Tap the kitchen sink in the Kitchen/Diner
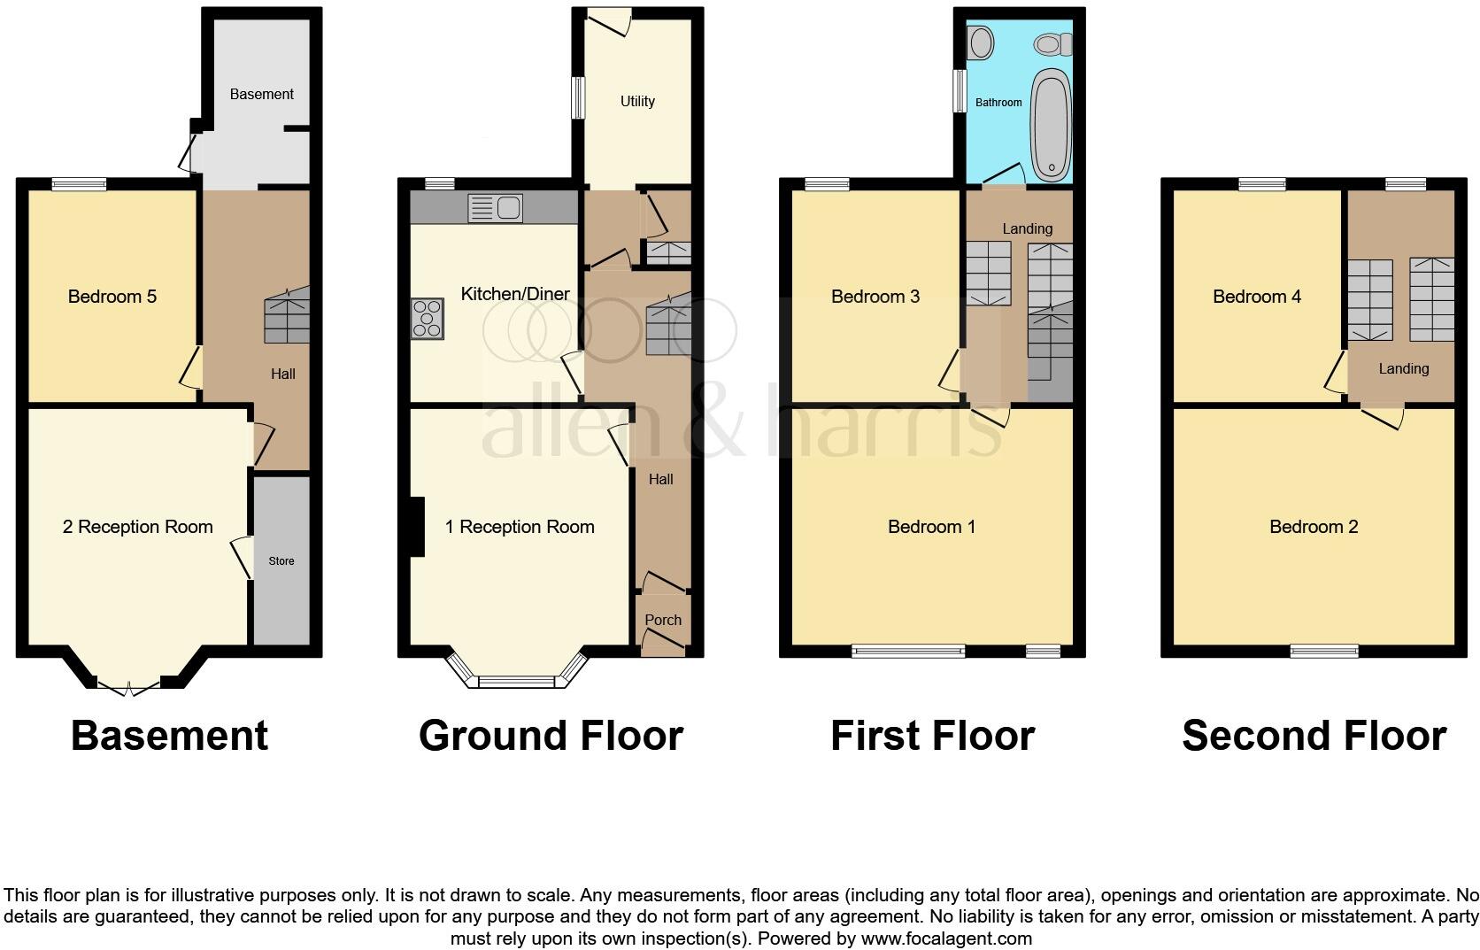pyautogui.click(x=497, y=208)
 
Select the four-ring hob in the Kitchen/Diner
pyautogui.click(x=428, y=319)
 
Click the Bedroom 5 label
pyautogui.click(x=112, y=297)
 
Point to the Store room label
pyautogui.click(x=281, y=560)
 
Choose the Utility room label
pyautogui.click(x=637, y=101)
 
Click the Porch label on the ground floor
pyautogui.click(x=663, y=620)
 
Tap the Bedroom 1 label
pyautogui.click(x=931, y=527)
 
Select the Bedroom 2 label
pyautogui.click(x=1314, y=527)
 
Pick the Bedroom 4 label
pyautogui.click(x=1257, y=297)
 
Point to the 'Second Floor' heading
pyautogui.click(x=1314, y=736)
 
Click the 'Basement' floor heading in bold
pyautogui.click(x=169, y=736)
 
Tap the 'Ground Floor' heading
pyautogui.click(x=551, y=736)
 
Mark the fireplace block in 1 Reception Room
pyautogui.click(x=416, y=527)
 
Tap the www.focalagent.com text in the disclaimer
pyautogui.click(x=946, y=938)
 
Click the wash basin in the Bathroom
pyautogui.click(x=980, y=41)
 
